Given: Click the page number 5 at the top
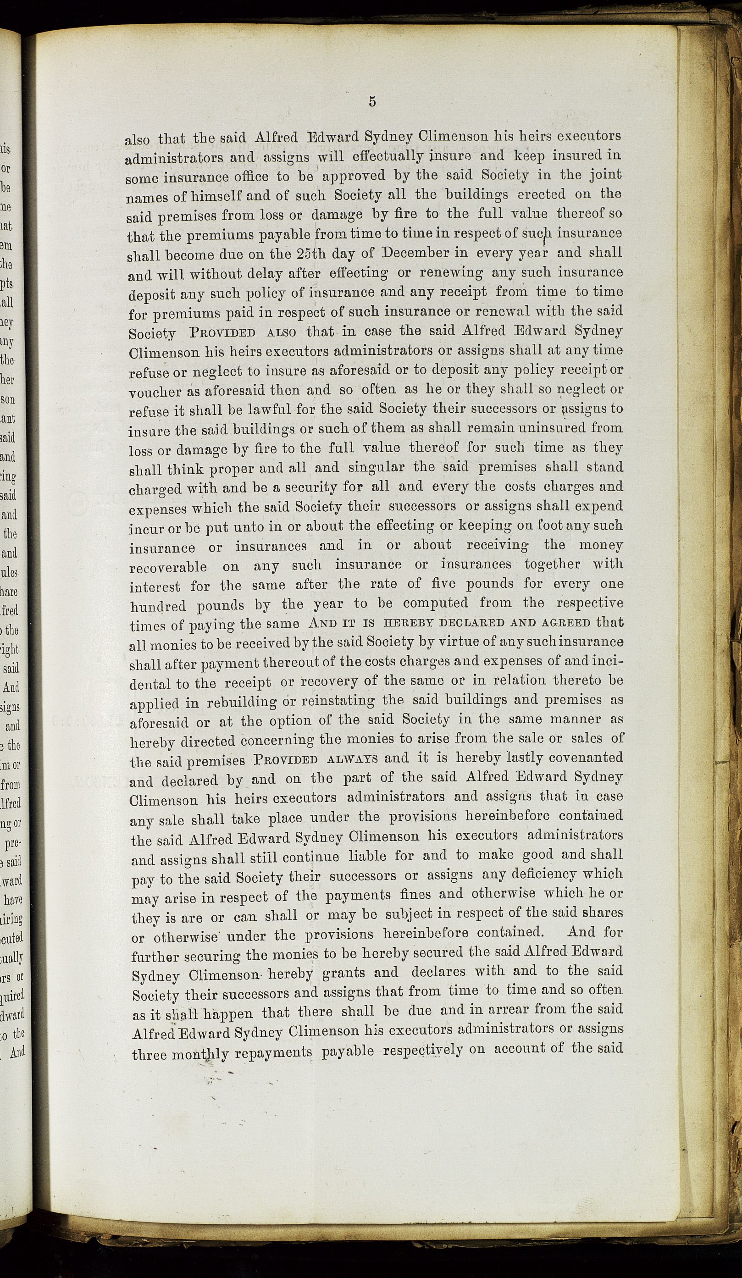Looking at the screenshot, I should click(x=372, y=102).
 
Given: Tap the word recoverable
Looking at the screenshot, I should click(x=168, y=567).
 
